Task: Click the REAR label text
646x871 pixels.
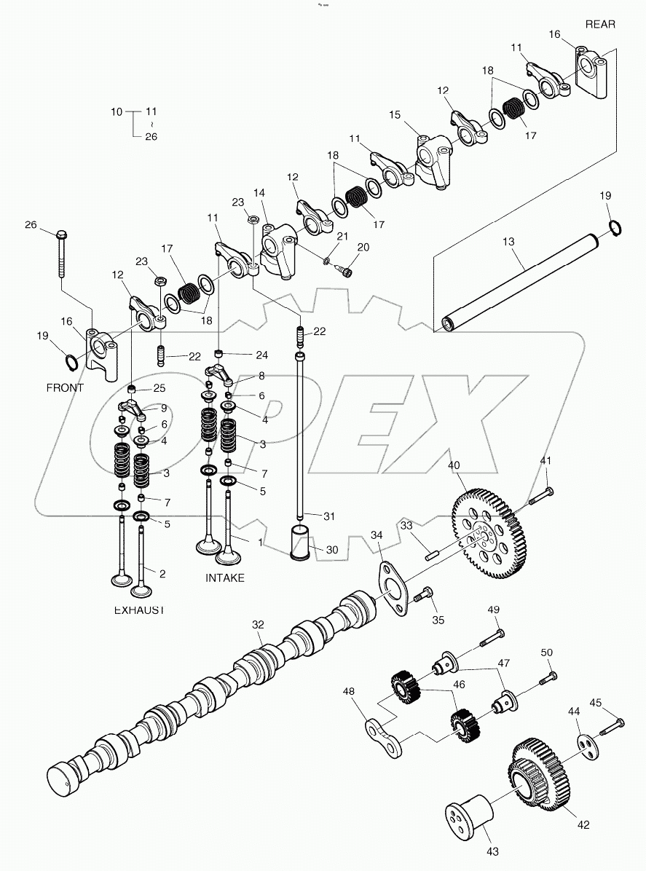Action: pyautogui.click(x=600, y=24)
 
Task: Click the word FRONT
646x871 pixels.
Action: pyautogui.click(x=65, y=387)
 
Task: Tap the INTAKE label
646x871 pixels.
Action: pyautogui.click(x=226, y=578)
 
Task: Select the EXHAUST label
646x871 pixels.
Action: pyautogui.click(x=138, y=610)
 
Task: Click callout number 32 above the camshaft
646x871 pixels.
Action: pyautogui.click(x=257, y=625)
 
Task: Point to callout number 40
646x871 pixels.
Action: pyautogui.click(x=454, y=465)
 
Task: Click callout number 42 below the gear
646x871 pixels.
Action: pyautogui.click(x=583, y=824)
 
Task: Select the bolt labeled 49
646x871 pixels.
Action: pyautogui.click(x=489, y=640)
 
